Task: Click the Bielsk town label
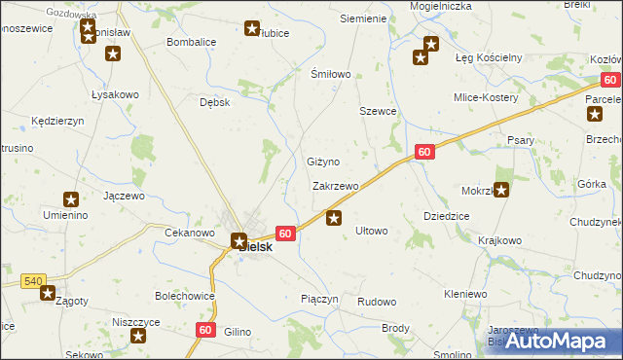tap(256, 247)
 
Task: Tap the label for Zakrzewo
tap(336, 185)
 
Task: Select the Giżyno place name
tap(322, 162)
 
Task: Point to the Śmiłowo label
tap(329, 74)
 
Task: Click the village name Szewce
tap(378, 112)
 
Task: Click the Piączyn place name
tap(319, 299)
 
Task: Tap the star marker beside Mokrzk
tap(501, 191)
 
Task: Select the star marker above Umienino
tap(70, 198)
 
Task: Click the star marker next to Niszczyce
tap(138, 337)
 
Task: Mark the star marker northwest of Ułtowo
tap(334, 218)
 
